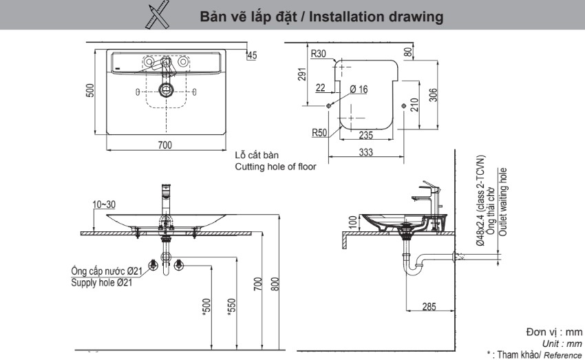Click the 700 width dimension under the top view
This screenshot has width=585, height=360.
click(x=164, y=145)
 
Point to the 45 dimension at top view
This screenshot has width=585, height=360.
click(x=251, y=55)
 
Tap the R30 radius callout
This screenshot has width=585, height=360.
click(x=319, y=53)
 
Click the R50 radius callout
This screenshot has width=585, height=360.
click(x=319, y=133)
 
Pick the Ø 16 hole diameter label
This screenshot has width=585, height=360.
click(x=359, y=89)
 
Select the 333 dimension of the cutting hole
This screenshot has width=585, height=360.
click(x=365, y=152)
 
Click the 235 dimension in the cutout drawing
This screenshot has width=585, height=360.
click(x=365, y=136)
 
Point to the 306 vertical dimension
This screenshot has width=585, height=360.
click(x=433, y=94)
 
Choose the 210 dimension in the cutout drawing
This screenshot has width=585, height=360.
click(x=416, y=104)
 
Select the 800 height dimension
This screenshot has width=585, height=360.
click(x=274, y=283)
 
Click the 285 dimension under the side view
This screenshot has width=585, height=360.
click(x=428, y=307)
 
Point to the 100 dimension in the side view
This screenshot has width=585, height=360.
click(x=353, y=222)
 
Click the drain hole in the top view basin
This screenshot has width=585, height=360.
click(x=165, y=89)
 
